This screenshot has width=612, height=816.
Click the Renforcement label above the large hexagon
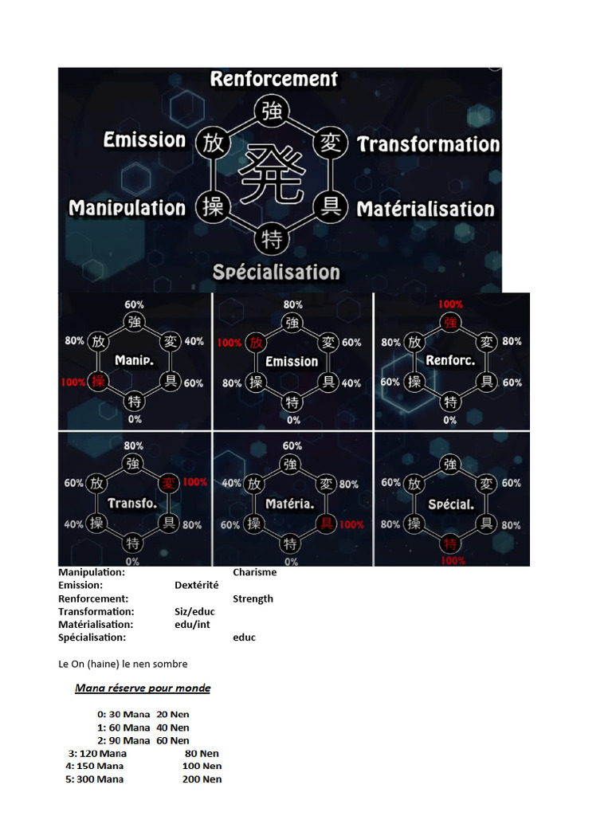[274, 79]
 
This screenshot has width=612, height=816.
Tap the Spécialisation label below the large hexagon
[276, 273]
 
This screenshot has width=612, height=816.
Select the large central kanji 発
[274, 175]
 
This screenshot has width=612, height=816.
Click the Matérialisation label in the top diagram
[426, 210]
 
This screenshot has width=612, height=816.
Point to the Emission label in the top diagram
[144, 140]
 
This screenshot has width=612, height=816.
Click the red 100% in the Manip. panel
[72, 382]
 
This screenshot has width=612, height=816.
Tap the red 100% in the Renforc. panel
[450, 304]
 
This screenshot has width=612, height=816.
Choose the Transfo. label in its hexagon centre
[132, 504]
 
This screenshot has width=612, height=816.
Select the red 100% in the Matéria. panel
[351, 524]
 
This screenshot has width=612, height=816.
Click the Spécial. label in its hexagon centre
[450, 504]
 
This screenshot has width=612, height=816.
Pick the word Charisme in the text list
[254, 572]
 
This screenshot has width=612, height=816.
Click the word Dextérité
[196, 585]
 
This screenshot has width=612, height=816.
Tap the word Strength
[253, 598]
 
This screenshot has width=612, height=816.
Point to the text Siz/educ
[194, 611]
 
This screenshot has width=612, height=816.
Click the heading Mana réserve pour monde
[143, 688]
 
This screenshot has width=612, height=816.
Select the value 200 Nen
[202, 779]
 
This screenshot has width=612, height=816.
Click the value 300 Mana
[100, 779]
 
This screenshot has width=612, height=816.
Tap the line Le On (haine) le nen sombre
[123, 663]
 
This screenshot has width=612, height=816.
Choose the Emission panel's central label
[292, 362]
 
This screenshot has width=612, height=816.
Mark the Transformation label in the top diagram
[428, 144]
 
